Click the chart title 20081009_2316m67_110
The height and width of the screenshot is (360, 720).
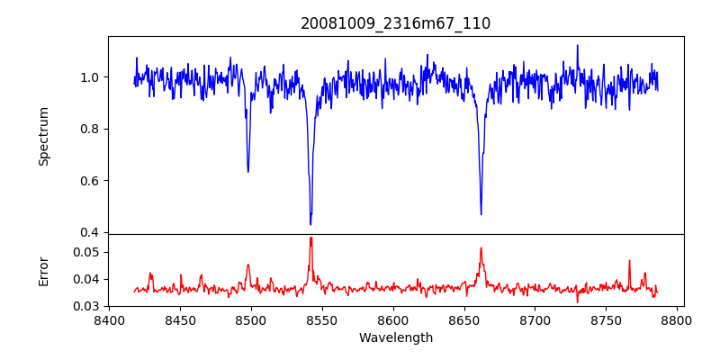395,23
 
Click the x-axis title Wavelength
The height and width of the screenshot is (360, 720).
395,337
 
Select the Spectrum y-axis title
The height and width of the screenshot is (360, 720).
44,136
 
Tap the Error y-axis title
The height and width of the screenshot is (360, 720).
44,270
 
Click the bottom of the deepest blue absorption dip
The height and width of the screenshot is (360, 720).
310,224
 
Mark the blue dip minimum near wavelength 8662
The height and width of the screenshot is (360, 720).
481,214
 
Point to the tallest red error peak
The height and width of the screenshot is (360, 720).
310,238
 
